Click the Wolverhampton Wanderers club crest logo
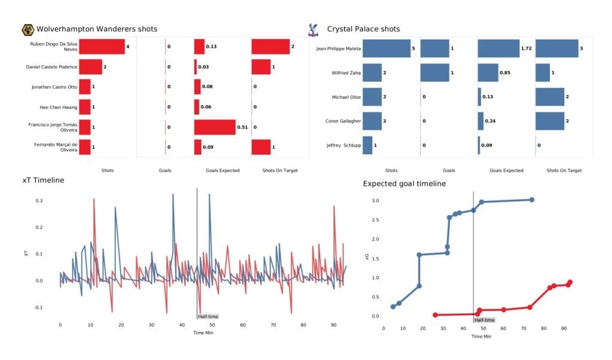pyautogui.click(x=27, y=29)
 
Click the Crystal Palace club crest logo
pyautogui.click(x=311, y=29)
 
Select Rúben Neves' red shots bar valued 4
pyautogui.click(x=102, y=47)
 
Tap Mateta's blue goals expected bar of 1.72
pyautogui.click(x=498, y=49)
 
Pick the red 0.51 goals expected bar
pyautogui.click(x=215, y=127)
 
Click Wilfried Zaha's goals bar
pyautogui.click(x=434, y=73)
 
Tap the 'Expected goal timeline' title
pyautogui.click(x=404, y=184)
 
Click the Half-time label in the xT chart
pyautogui.click(x=207, y=316)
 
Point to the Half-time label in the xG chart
pyautogui.click(x=484, y=320)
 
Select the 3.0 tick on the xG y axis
pyautogui.click(x=376, y=201)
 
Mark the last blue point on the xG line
pyautogui.click(x=531, y=200)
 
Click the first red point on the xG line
pyautogui.click(x=435, y=315)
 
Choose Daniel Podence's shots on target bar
pyautogui.click(x=263, y=66)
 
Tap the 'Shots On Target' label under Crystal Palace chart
pyautogui.click(x=564, y=170)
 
